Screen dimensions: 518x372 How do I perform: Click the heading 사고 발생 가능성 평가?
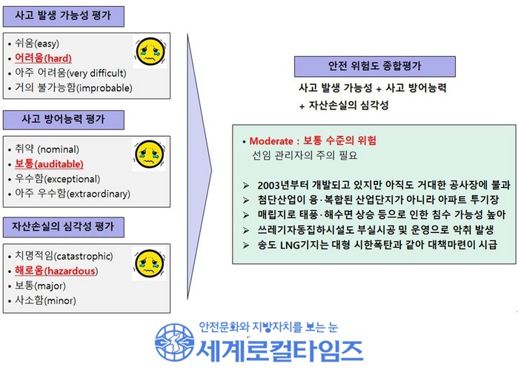(63, 16)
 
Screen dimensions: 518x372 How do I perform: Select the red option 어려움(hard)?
(43, 58)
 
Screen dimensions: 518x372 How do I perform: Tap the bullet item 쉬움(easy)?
(37, 43)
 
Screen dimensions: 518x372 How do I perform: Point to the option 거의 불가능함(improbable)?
(73, 88)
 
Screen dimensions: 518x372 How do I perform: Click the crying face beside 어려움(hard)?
(150, 52)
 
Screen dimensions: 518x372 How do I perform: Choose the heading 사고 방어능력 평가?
(63, 119)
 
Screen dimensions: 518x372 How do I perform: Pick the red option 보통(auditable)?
(49, 164)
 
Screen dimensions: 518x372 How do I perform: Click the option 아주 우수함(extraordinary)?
(73, 193)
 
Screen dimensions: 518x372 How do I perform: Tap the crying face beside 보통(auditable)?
(150, 155)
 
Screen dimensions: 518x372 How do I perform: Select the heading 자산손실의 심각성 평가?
(63, 226)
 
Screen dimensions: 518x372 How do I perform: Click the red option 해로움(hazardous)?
(56, 271)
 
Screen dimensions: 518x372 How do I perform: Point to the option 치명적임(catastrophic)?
(64, 256)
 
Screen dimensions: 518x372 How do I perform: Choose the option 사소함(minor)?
(46, 300)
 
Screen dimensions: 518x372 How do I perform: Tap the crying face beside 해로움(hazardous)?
(150, 264)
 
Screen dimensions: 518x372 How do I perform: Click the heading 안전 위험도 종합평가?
(375, 66)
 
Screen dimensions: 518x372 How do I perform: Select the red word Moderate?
(271, 141)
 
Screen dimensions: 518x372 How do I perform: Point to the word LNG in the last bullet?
(290, 245)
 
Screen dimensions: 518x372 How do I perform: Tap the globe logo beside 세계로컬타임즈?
(174, 342)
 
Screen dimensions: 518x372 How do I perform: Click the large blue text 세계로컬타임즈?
(280, 351)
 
